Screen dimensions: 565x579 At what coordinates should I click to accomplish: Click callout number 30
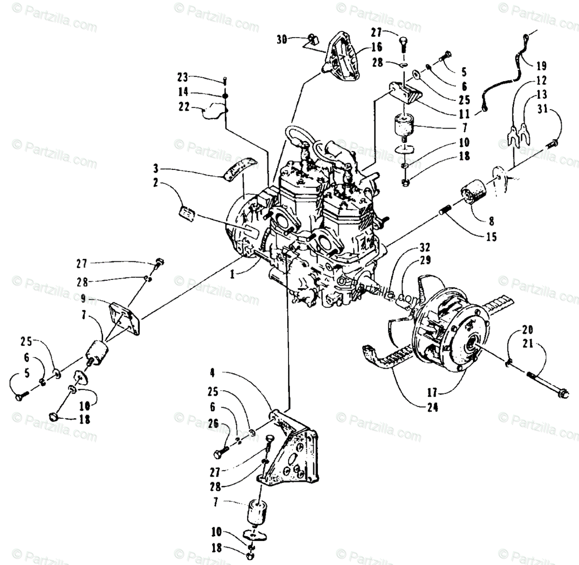(282, 39)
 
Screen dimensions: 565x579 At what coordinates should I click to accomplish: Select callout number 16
(377, 47)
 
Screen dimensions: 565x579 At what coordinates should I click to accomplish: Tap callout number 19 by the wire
(540, 65)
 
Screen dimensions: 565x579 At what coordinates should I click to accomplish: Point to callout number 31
(542, 110)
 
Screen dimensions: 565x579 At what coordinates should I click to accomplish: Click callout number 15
(492, 237)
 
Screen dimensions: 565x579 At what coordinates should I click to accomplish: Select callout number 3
(156, 169)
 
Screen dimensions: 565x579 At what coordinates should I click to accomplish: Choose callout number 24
(433, 408)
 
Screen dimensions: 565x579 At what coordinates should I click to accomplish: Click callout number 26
(213, 424)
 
